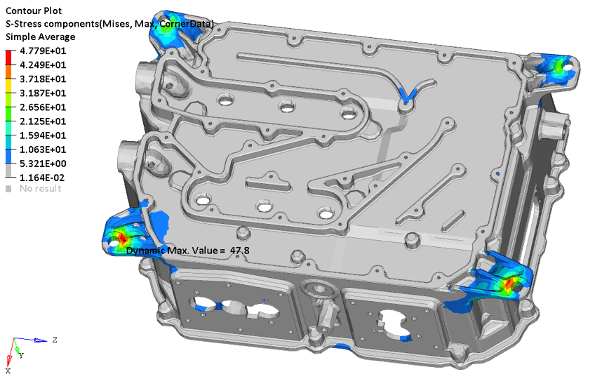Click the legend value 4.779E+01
43,51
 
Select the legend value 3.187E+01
43,93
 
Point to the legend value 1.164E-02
42,178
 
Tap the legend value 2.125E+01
43,121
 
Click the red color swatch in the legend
8,57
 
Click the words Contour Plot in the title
34,11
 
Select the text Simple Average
40,36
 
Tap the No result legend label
40,189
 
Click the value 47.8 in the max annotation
240,251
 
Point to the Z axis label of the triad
55,340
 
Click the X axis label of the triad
8,371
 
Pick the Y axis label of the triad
22,356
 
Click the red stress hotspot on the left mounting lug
122,238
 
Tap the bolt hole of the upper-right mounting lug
568,66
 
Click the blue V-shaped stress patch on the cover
408,95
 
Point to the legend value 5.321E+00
43,164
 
